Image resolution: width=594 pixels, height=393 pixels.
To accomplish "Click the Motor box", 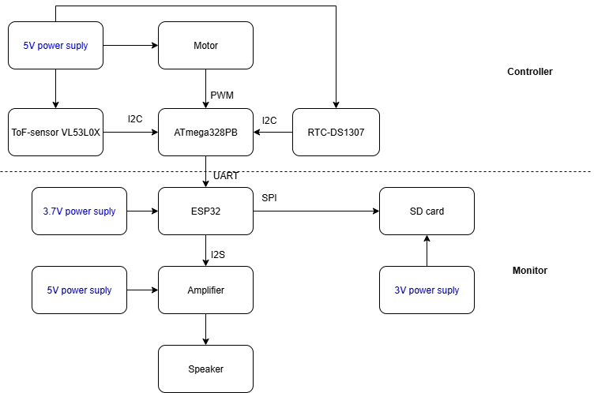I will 205,46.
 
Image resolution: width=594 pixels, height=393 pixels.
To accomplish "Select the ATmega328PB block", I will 205,133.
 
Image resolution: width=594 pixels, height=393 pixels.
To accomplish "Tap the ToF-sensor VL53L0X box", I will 55,133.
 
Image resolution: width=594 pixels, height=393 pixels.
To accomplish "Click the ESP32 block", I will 205,211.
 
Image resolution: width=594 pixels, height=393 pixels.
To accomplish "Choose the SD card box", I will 427,211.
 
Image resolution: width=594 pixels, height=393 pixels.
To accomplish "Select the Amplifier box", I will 205,290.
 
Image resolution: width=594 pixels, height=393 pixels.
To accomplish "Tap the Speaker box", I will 205,369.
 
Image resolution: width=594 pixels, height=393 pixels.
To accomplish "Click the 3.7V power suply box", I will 79,211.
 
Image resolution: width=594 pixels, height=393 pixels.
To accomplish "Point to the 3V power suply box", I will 427,290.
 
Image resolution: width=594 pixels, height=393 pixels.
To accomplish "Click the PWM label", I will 222,95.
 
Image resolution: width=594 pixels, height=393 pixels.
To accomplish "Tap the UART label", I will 226,176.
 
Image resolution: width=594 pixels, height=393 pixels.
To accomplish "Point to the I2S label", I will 218,254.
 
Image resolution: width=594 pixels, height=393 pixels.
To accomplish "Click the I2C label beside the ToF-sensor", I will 135,120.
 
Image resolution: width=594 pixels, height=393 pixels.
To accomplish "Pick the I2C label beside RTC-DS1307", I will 269,120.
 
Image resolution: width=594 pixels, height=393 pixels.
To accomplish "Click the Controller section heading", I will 529,72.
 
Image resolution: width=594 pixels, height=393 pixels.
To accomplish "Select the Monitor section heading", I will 529,271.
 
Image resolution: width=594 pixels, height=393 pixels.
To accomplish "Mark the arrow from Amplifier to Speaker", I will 205,330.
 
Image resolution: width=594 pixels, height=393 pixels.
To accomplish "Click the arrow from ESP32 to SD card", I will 316,211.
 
